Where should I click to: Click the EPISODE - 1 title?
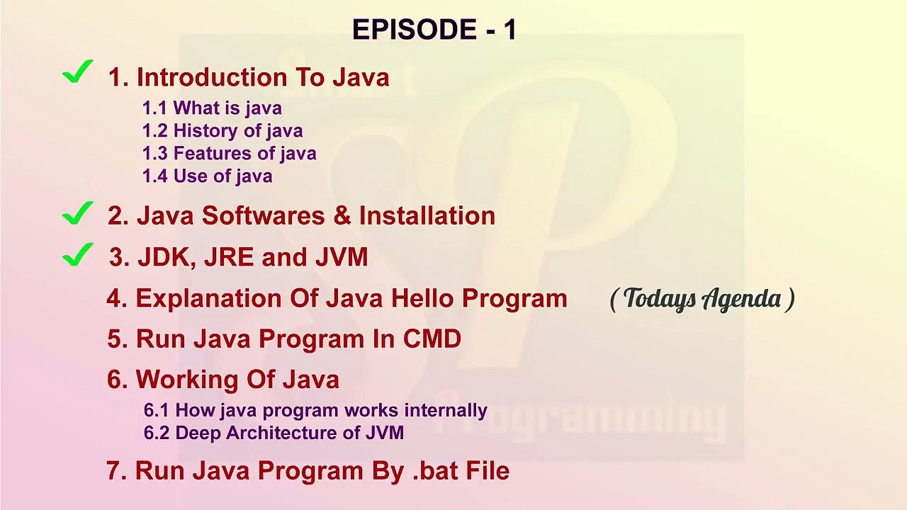434,30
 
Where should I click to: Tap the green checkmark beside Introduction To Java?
78,72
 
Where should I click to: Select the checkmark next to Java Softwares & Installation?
78,212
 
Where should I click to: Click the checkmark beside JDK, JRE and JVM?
78,254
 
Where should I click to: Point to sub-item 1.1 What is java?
212,108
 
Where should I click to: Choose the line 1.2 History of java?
222,131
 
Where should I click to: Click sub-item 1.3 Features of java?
229,154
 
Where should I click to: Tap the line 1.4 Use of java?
207,176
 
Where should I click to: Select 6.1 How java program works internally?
315,410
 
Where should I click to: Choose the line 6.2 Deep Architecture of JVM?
274,433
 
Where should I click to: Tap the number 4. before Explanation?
116,299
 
